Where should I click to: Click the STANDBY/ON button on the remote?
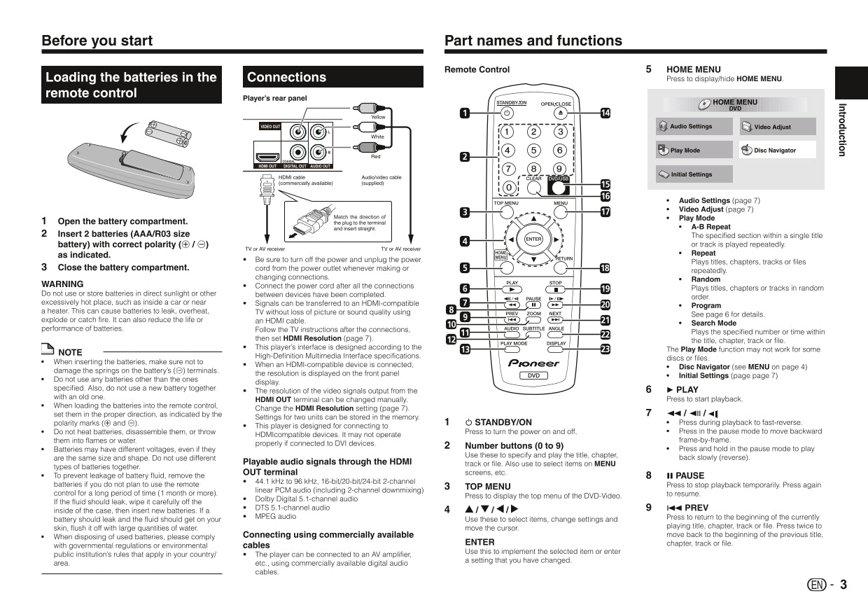(x=507, y=113)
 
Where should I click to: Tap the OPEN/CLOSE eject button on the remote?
(x=560, y=113)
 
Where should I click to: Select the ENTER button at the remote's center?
(x=533, y=239)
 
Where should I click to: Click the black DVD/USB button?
(x=558, y=187)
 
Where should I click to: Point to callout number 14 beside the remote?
(x=605, y=113)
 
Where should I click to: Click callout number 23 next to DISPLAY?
(x=605, y=349)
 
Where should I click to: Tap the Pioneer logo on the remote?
(x=533, y=363)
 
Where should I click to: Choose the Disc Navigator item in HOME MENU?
(x=777, y=151)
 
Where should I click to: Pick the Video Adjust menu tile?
(x=777, y=127)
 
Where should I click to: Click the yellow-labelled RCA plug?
(x=365, y=109)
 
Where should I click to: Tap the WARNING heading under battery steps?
(x=62, y=284)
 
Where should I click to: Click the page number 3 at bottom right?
(x=843, y=585)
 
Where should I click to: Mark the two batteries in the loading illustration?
(x=168, y=132)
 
